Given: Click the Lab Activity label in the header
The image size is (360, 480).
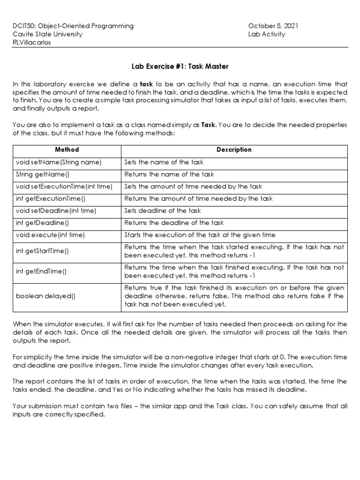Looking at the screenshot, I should (266, 34).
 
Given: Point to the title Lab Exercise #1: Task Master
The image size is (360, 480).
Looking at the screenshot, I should (180, 67).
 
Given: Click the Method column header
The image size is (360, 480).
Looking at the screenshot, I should (67, 150).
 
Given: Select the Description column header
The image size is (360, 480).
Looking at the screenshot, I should (234, 150).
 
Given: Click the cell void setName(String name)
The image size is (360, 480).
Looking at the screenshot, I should (59, 162).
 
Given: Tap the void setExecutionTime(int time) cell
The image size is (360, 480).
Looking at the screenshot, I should (64, 187).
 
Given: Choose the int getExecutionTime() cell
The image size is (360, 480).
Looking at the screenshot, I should (51, 199).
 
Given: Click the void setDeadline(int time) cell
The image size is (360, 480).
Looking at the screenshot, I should (56, 211).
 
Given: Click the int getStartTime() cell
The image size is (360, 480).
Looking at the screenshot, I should (42, 251).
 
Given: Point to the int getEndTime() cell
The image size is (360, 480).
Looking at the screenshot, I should (41, 272).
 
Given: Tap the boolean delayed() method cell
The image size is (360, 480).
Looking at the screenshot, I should (45, 296).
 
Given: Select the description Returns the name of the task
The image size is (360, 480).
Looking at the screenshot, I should (169, 174).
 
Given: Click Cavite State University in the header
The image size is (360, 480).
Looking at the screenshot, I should (47, 34).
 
